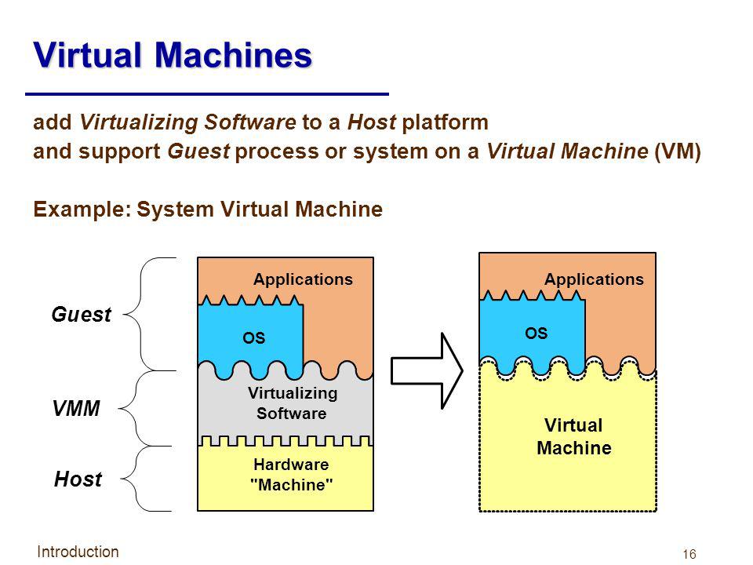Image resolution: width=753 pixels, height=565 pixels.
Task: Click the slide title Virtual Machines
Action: click(172, 56)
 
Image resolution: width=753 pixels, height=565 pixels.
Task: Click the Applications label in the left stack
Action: click(304, 279)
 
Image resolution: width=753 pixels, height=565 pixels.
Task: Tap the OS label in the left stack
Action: click(253, 338)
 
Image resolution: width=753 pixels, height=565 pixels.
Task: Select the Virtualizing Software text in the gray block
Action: click(292, 401)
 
